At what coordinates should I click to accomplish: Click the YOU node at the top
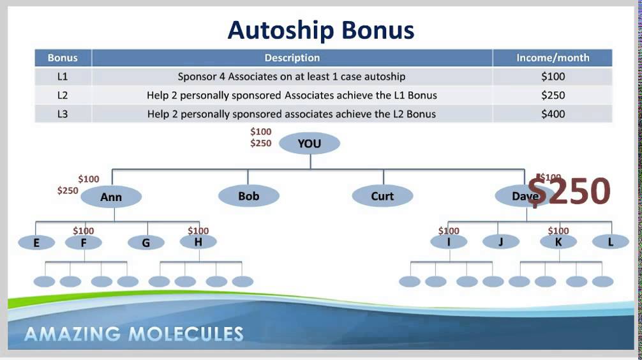[310, 144]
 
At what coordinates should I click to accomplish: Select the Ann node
[111, 197]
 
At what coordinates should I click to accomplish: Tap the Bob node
[248, 196]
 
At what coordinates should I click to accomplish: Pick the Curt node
[382, 196]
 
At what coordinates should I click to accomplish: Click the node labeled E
[36, 243]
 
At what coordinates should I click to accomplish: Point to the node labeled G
[146, 243]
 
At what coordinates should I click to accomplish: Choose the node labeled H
[198, 242]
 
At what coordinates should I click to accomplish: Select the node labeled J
[500, 242]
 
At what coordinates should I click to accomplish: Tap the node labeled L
[611, 242]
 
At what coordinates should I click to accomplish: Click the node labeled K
[558, 242]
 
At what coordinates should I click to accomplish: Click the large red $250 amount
[569, 190]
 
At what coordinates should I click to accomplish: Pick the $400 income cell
[553, 114]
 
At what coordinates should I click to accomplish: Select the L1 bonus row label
[63, 77]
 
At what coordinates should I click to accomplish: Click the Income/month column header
[553, 58]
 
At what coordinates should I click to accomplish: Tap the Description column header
[292, 58]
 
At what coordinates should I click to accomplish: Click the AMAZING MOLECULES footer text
[134, 334]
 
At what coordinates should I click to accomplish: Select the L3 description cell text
[292, 114]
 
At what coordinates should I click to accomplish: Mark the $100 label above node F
[83, 231]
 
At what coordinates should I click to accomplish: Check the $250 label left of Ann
[68, 190]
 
